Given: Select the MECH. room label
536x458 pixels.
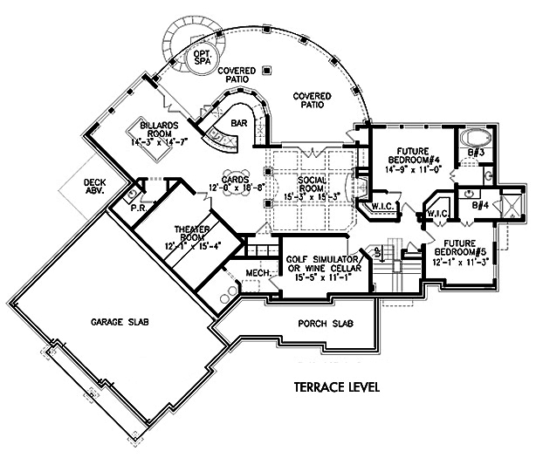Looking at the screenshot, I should click(x=256, y=273).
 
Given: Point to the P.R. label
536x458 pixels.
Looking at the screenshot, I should click(x=137, y=208).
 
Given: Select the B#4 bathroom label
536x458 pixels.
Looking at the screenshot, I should click(x=480, y=207).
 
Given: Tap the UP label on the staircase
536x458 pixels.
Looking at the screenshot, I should click(x=378, y=253).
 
